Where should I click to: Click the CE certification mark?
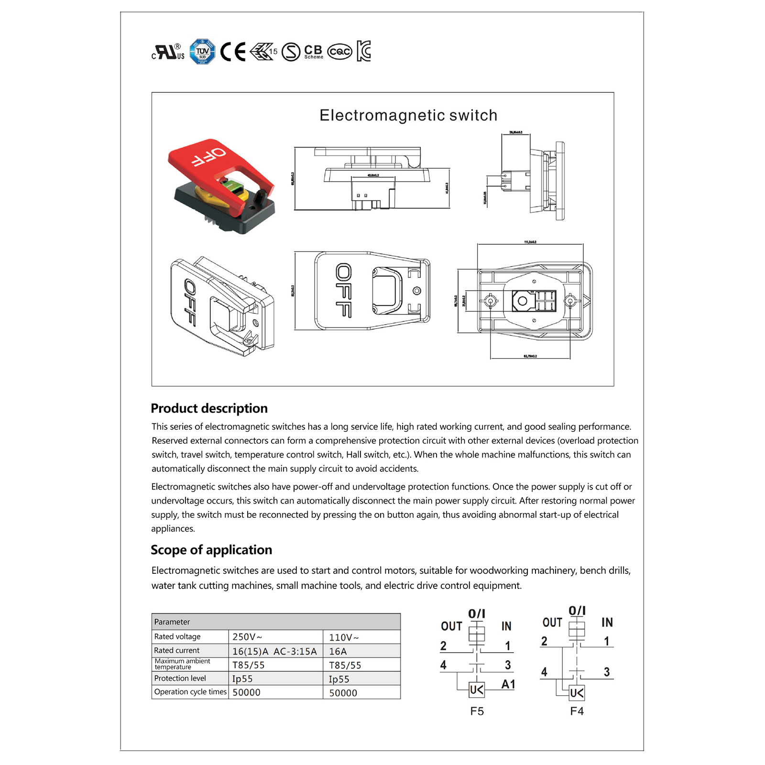coord(233,52)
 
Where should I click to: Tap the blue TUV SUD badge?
coord(202,52)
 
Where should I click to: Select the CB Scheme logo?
coord(314,52)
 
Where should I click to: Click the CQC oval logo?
coord(339,52)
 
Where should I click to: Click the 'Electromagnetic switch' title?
coord(408,115)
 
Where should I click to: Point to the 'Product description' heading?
coord(209,408)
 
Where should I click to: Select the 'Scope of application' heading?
coord(211,550)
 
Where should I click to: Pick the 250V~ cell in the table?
coord(247,637)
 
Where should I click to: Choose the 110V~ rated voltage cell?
coord(343,637)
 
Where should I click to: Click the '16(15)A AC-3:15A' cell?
coord(274,651)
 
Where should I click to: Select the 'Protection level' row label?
coord(180,678)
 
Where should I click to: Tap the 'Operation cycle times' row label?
coord(190,692)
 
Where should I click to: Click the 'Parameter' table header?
coord(172,622)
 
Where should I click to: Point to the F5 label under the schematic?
coord(477,711)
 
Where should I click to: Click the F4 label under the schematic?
coord(577,711)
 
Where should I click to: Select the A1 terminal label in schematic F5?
coord(508,685)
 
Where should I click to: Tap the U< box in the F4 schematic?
coord(577,693)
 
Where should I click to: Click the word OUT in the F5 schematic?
coord(451,626)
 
